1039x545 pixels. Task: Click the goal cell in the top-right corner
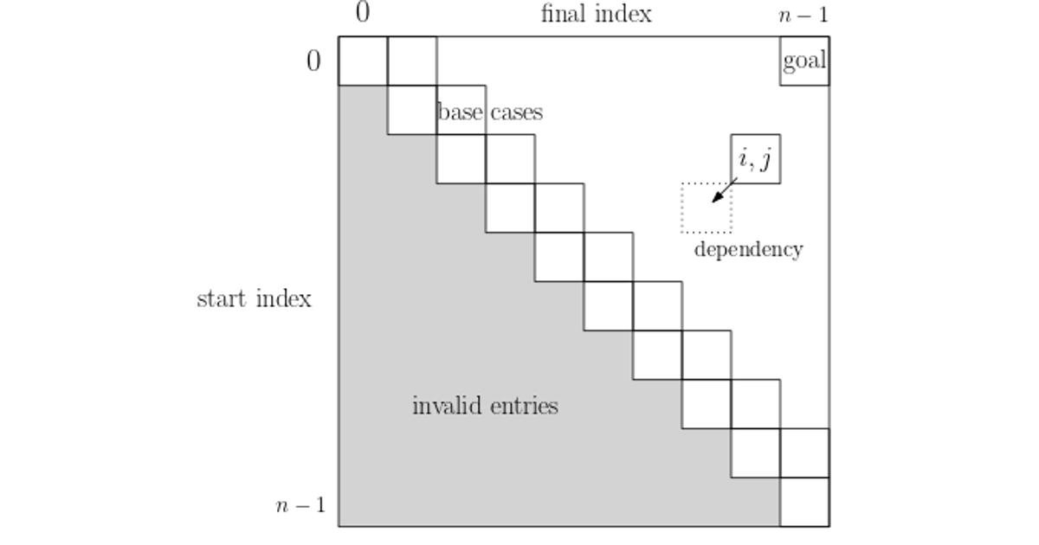pyautogui.click(x=804, y=61)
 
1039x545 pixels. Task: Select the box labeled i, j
pyautogui.click(x=756, y=159)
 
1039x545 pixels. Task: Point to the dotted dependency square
pyautogui.click(x=707, y=208)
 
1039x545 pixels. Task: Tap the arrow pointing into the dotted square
pyautogui.click(x=724, y=190)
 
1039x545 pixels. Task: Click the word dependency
pyautogui.click(x=748, y=250)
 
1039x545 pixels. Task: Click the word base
pyautogui.click(x=461, y=112)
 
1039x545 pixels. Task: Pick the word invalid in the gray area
pyautogui.click(x=447, y=406)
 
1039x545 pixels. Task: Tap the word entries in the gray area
pyautogui.click(x=522, y=406)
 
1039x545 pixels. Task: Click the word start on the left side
pyautogui.click(x=223, y=299)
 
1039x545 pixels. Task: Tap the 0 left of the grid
pyautogui.click(x=313, y=61)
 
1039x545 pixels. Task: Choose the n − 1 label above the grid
pyautogui.click(x=804, y=15)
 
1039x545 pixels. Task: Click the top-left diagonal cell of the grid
pyautogui.click(x=362, y=61)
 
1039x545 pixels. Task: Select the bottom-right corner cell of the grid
pyautogui.click(x=804, y=502)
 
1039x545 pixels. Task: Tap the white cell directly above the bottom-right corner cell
pyautogui.click(x=804, y=452)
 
